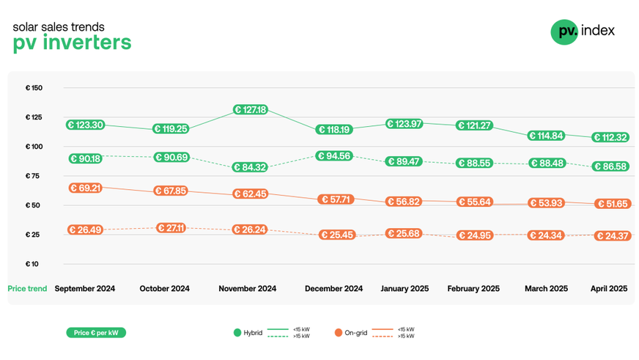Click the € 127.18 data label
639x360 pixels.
250,110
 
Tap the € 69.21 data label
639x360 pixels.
85,188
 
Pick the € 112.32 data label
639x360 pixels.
610,138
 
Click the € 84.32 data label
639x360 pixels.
250,167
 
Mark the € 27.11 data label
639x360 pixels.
168,228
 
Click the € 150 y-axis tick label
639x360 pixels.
34,88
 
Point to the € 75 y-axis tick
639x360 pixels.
34,176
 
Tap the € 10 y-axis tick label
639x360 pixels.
34,264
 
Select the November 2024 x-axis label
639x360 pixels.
248,289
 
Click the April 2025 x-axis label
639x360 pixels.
609,289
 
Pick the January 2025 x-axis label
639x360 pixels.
405,289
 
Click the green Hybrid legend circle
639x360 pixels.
237,333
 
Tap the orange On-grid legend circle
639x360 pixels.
338,333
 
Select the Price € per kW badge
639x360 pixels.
95,333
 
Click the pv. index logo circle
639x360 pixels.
564,32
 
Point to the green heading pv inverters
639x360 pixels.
72,43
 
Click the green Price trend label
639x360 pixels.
27,289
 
